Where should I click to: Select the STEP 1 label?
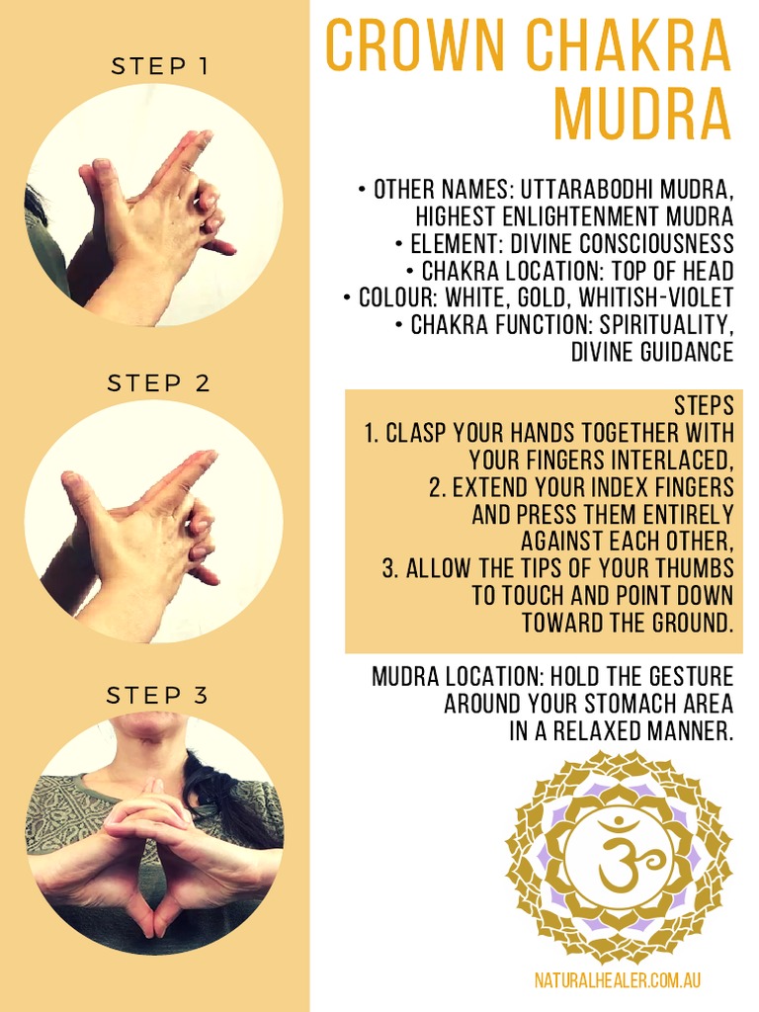159,66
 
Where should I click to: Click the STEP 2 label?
159,382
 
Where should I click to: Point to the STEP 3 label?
158,696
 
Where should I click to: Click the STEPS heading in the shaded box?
704,405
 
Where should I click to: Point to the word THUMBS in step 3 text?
696,568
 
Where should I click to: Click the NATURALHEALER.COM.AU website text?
618,980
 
